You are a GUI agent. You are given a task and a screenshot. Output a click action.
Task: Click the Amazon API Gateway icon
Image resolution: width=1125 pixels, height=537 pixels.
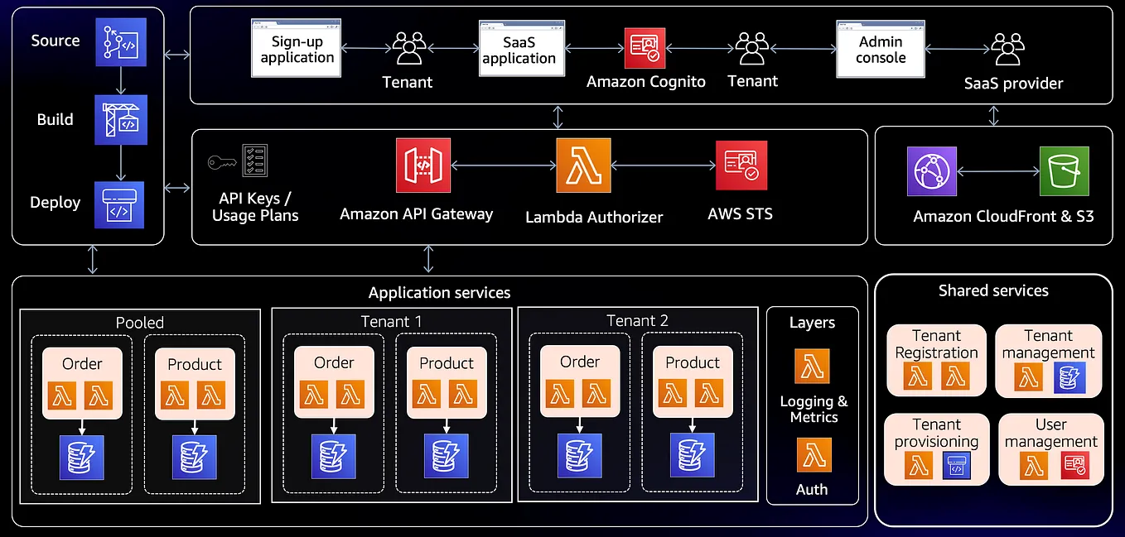click(x=422, y=165)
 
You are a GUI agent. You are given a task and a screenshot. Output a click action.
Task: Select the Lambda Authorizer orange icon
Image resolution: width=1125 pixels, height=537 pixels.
click(x=583, y=165)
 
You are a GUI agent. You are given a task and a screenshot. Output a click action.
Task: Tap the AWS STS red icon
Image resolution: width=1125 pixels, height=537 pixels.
click(x=741, y=165)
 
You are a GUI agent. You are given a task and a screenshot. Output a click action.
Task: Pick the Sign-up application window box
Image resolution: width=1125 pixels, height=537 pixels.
click(x=297, y=49)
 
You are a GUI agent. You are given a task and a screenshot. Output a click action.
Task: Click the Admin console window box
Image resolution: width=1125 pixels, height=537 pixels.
click(x=881, y=49)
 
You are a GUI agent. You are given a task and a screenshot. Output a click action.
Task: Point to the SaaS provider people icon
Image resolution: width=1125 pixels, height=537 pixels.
click(x=1008, y=50)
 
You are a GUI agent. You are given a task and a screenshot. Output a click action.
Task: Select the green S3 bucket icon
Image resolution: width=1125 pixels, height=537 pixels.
click(x=1064, y=171)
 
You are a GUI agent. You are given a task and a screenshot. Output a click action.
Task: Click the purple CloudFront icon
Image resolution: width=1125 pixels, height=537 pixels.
click(x=932, y=171)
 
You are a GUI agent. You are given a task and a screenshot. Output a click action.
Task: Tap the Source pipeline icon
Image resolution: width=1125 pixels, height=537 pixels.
click(x=120, y=41)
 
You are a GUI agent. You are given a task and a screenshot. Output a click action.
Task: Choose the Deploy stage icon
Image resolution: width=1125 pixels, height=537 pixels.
click(x=119, y=204)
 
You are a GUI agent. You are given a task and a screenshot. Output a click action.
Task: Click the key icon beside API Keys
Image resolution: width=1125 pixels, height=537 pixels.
click(x=222, y=162)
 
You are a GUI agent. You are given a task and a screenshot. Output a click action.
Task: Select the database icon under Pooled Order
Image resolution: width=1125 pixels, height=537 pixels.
click(x=82, y=456)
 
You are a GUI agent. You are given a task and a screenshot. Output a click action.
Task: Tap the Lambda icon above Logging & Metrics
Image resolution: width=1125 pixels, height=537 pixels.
click(x=812, y=366)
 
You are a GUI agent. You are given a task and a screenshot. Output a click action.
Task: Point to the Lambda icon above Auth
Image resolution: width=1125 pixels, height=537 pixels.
click(x=813, y=455)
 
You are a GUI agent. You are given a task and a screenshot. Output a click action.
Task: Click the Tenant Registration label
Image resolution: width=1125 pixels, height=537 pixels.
click(x=936, y=344)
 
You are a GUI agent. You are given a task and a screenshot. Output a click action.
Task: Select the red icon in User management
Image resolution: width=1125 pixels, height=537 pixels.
click(x=1074, y=467)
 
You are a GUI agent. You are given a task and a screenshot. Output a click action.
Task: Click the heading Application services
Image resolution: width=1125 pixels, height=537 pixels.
click(x=439, y=293)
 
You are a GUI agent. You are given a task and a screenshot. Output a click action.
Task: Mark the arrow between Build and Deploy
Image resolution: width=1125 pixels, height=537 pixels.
click(x=121, y=163)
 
